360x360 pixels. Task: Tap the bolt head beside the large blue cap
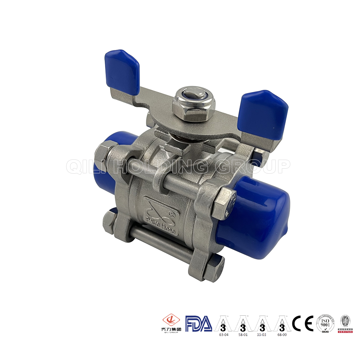[224, 203]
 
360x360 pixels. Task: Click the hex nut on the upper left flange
[101, 154]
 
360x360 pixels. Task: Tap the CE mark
[303, 323]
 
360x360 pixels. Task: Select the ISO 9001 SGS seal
[325, 323]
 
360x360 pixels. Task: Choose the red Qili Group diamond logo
[171, 321]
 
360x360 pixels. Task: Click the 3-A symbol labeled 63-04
[223, 323]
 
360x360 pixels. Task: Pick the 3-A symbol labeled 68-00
[282, 323]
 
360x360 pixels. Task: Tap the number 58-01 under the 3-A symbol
[243, 334]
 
